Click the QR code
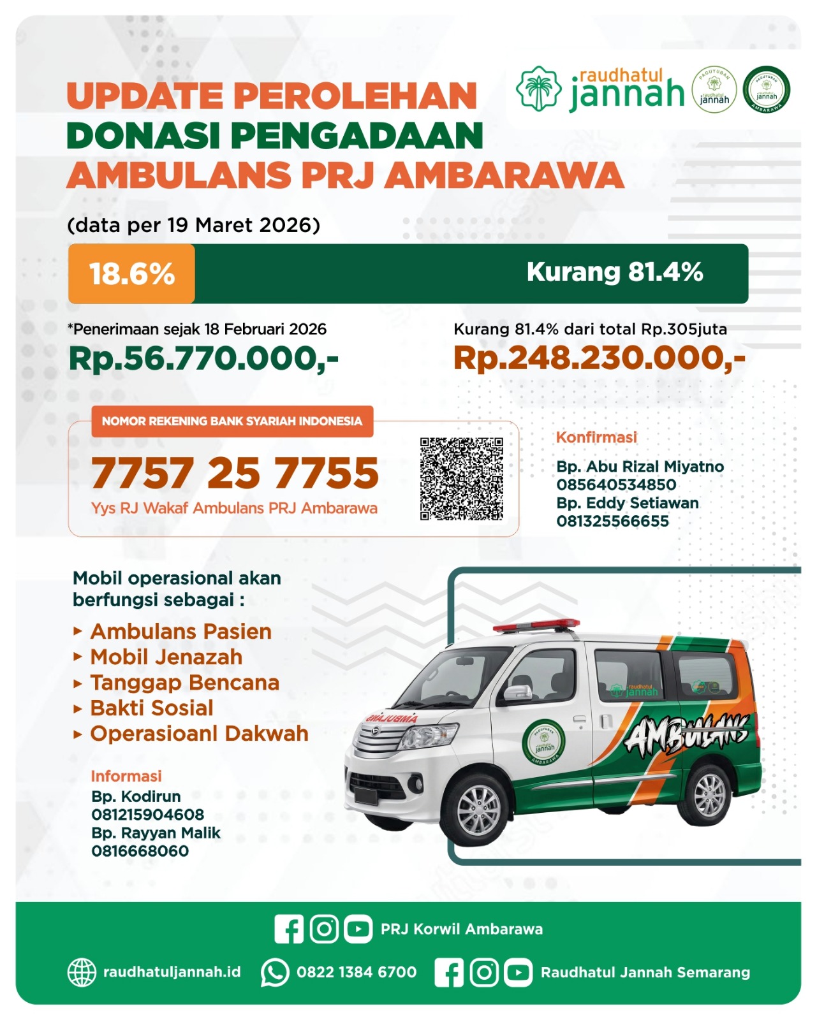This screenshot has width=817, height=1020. coord(461,479)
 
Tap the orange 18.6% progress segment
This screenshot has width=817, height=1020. coord(131,273)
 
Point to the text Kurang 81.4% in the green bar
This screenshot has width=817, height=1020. coord(614,272)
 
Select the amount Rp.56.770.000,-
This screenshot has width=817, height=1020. coord(203,358)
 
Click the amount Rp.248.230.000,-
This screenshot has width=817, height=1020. coord(599,358)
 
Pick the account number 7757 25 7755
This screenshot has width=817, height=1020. coord(235,474)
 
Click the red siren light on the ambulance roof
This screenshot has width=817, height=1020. coord(536,625)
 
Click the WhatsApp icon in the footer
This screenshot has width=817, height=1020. coord(275,973)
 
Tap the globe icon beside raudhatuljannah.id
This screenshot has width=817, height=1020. coord(82,973)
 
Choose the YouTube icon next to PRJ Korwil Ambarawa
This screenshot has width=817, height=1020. coord(358,929)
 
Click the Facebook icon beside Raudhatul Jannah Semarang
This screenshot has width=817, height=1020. coord(449,973)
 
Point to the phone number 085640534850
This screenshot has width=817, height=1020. coord(616,484)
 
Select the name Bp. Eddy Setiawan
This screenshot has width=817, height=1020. coord(627,503)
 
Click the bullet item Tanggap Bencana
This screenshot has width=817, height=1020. coord(184,683)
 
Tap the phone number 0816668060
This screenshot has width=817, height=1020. coord(140,851)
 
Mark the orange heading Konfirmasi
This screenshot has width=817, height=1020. coord(596,437)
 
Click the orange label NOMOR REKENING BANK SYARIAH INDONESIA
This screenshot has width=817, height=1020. coord(232,421)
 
